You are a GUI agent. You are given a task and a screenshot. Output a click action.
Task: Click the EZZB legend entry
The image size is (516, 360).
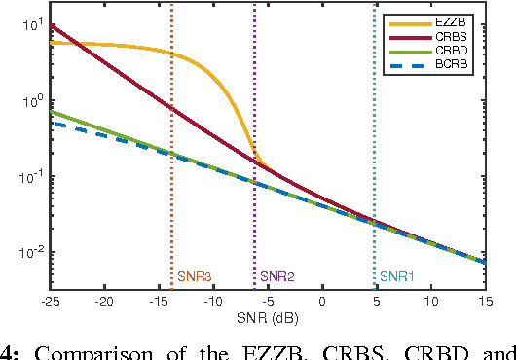(446, 20)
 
